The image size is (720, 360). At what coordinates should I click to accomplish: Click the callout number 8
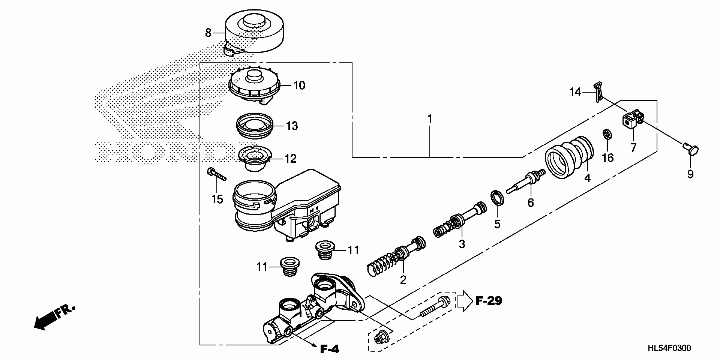[x=208, y=33]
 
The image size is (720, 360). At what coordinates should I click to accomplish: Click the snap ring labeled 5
[x=497, y=199]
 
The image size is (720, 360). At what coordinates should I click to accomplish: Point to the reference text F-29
[x=489, y=300]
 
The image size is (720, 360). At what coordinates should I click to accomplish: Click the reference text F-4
[x=330, y=349]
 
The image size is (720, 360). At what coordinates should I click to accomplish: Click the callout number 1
[x=430, y=119]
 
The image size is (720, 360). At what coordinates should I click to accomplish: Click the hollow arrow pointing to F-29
[x=465, y=301]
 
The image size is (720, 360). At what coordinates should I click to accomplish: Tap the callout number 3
[x=462, y=244]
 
